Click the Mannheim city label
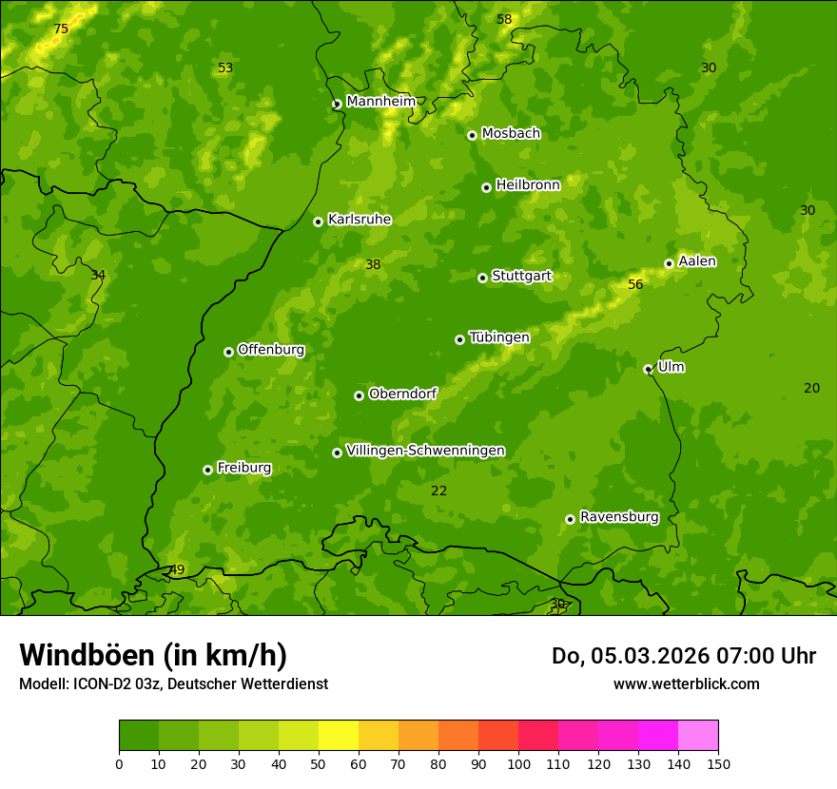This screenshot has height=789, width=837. [x=380, y=102]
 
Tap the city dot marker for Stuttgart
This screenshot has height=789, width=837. [x=482, y=278]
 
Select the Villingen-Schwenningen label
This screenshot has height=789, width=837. [x=425, y=451]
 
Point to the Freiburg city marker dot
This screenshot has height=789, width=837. [x=207, y=470]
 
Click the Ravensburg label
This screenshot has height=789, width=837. [x=618, y=517]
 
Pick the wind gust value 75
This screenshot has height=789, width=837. [x=61, y=29]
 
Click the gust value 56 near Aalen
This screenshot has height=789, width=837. [x=635, y=284]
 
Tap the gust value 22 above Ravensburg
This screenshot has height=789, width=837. [x=438, y=491]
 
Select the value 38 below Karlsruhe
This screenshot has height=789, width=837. [x=373, y=264]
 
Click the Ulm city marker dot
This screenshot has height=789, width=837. [x=648, y=369]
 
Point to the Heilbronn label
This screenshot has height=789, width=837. [x=528, y=185]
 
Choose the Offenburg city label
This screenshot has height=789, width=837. [x=271, y=350]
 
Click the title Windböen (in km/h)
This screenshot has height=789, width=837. [x=153, y=655]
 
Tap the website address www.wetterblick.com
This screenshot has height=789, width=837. [x=686, y=683]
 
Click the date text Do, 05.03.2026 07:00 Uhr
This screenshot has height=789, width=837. [x=683, y=656]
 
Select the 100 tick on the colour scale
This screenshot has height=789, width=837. [x=518, y=763]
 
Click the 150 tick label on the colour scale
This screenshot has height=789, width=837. [x=718, y=763]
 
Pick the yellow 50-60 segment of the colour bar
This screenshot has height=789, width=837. [x=339, y=736]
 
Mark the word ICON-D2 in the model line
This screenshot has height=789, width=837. [x=100, y=683]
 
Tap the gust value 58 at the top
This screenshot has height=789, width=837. [x=504, y=19]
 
